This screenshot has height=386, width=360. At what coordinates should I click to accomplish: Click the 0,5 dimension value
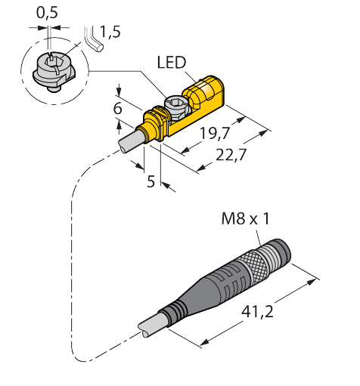pyautogui.click(x=47, y=13)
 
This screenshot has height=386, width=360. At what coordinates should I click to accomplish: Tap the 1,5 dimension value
pyautogui.click(x=110, y=32)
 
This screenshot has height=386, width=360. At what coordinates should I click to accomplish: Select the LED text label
pyautogui.click(x=172, y=63)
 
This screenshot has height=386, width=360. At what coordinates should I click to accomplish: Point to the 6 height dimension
pyautogui.click(x=118, y=108)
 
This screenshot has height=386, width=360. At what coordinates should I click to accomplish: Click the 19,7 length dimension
pyautogui.click(x=215, y=133)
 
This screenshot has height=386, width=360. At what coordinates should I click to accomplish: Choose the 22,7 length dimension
pyautogui.click(x=231, y=155)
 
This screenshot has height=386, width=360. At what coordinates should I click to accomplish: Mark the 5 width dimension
pyautogui.click(x=151, y=181)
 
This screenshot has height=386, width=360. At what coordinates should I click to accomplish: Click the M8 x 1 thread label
pyautogui.click(x=245, y=218)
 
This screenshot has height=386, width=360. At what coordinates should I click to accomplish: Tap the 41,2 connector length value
pyautogui.click(x=257, y=312)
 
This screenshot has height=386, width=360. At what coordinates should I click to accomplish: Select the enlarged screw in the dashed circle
pyautogui.click(x=54, y=71)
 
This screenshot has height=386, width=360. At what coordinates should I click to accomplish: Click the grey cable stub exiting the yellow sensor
pyautogui.click(x=131, y=142)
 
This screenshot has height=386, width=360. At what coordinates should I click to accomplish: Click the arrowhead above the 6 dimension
pyautogui.click(x=119, y=91)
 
